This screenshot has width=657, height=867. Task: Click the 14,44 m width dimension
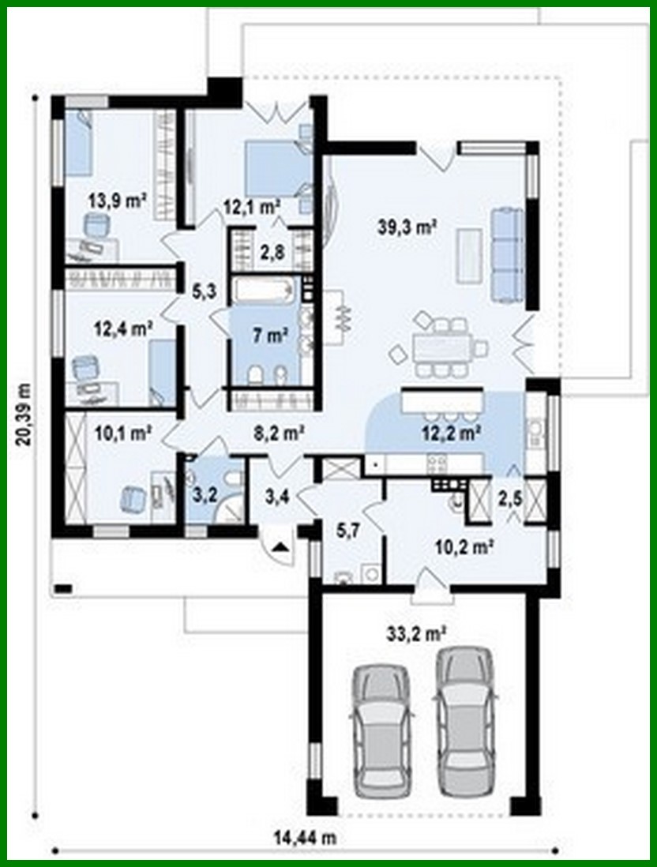pyautogui.click(x=306, y=839)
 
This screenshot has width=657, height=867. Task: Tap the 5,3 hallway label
pyautogui.click(x=202, y=291)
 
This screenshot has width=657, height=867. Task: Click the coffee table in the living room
pyautogui.click(x=469, y=254)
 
